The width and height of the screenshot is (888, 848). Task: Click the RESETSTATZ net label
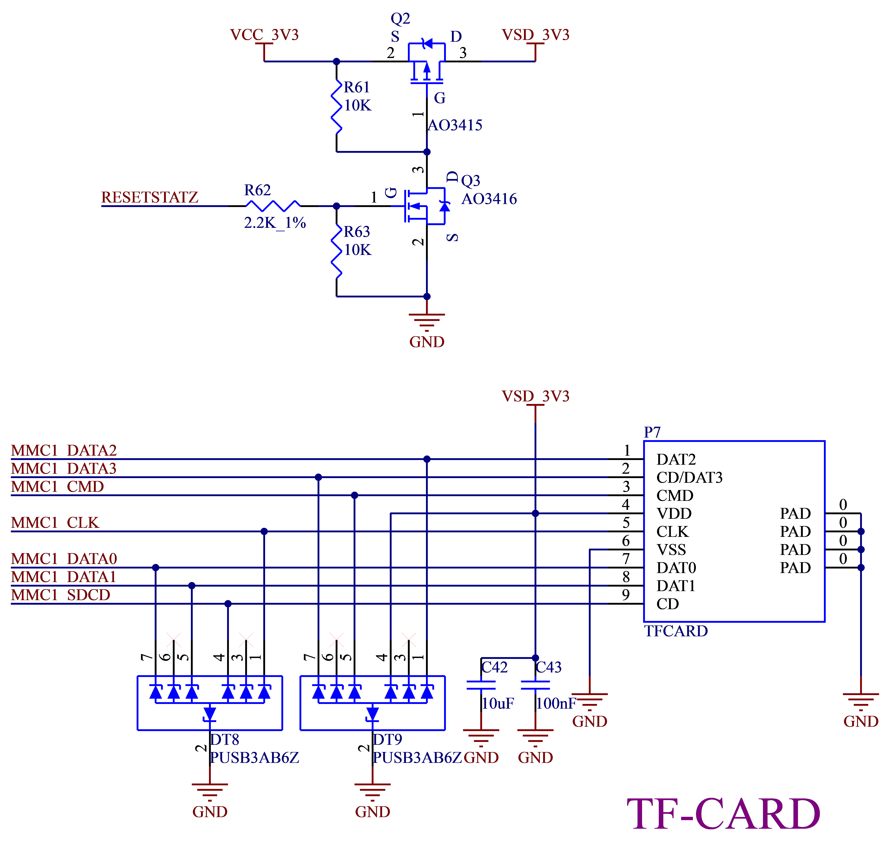150,198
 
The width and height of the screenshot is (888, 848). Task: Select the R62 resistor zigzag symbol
273,206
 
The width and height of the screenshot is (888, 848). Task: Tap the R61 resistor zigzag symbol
337,107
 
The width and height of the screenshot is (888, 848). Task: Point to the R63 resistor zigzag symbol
337,251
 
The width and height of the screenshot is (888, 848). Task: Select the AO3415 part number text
455,125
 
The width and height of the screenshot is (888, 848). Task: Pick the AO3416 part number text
489,199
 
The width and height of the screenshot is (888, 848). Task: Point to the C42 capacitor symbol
481,686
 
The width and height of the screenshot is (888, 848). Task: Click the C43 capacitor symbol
535,686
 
